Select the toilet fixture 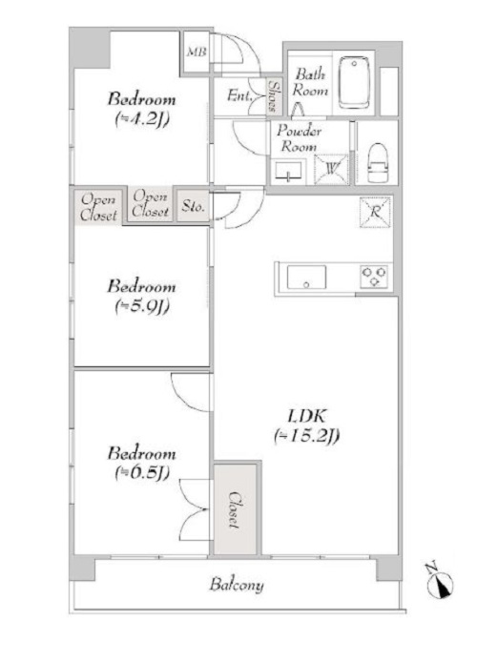coord(377,163)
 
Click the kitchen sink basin coord(306,278)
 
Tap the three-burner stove coord(372,277)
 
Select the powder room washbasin coord(286,171)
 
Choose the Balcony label coord(237,585)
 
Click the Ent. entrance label coord(238,94)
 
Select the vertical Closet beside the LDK coord(235,509)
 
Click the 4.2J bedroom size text coord(141,119)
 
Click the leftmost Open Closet coord(98,206)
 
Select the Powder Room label coord(300,140)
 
